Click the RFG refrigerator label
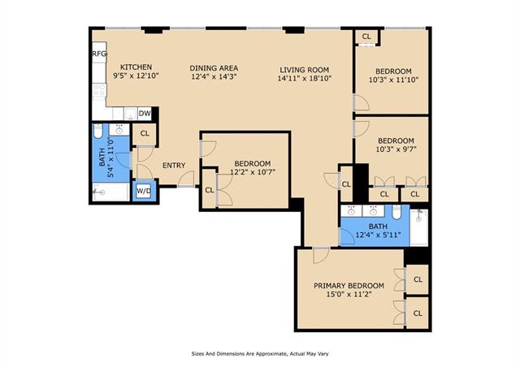point(99,54)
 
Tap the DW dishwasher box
point(145,114)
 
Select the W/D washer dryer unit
point(144,191)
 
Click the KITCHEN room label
point(136,67)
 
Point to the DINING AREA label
point(214,68)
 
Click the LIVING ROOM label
point(305,70)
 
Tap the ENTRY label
point(174,166)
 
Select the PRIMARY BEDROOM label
point(349,286)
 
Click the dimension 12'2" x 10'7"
point(253,172)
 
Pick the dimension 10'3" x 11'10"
point(393,80)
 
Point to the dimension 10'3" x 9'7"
point(396,149)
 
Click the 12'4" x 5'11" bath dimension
point(378,235)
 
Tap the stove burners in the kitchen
point(99,90)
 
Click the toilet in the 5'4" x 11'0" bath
point(98,131)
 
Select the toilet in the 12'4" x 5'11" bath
point(396,212)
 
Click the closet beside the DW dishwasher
point(145,134)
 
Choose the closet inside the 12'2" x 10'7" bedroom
point(210,190)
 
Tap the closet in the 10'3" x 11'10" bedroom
point(366,37)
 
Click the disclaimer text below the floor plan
point(260,354)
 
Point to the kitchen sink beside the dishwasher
point(131,114)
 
